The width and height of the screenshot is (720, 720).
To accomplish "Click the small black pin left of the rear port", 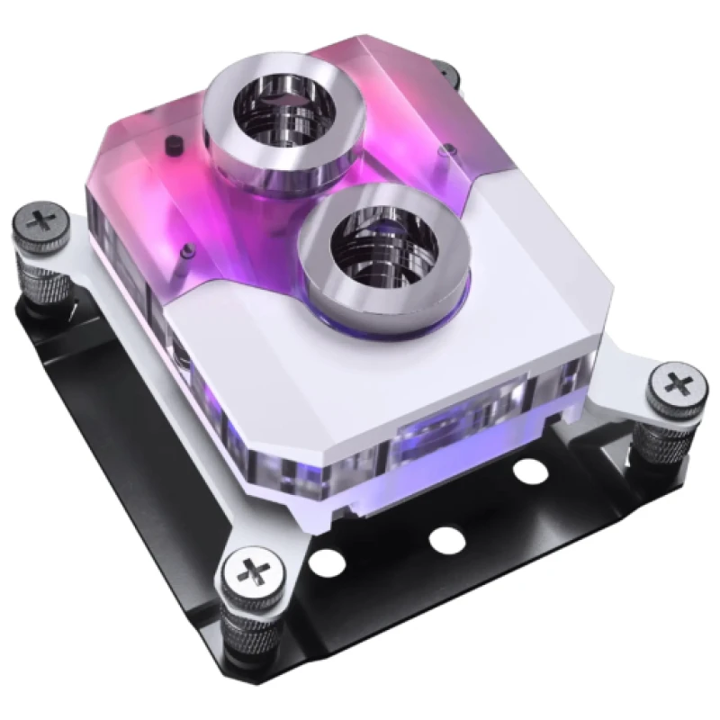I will click(170, 141).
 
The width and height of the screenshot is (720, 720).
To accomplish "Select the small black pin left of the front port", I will click(184, 248).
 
